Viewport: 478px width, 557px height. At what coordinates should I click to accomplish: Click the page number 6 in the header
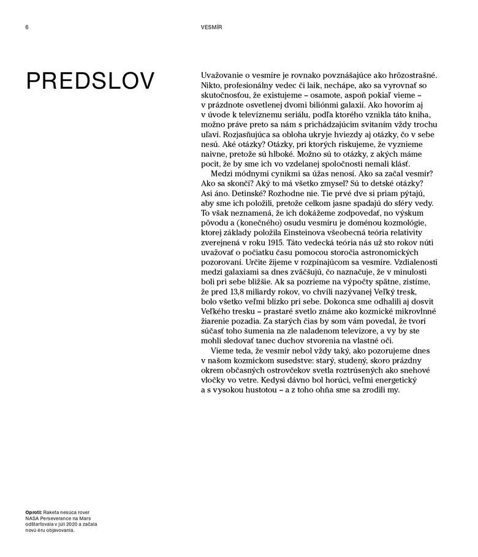pyautogui.click(x=27, y=27)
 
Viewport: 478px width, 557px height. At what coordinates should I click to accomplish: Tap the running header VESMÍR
pyautogui.click(x=211, y=27)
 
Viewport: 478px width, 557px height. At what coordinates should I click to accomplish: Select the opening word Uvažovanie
pyautogui.click(x=225, y=75)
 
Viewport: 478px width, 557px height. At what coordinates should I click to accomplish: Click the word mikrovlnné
pyautogui.click(x=412, y=311)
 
